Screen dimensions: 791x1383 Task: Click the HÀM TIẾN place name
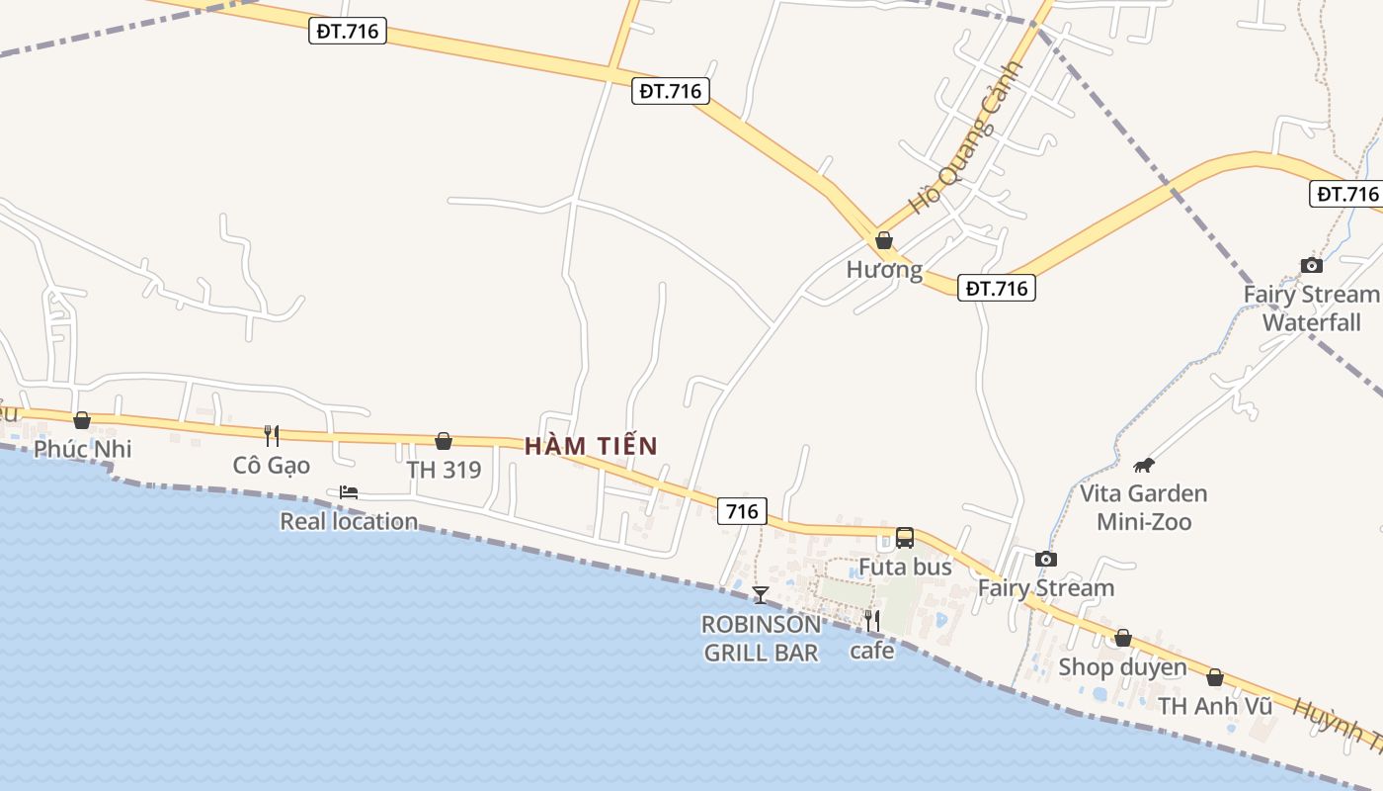click(x=591, y=446)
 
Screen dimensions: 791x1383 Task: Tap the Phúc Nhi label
click(x=82, y=449)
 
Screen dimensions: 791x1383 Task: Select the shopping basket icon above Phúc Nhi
click(x=82, y=421)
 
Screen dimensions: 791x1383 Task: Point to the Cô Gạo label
click(x=272, y=465)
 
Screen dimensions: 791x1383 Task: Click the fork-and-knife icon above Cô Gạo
click(x=272, y=435)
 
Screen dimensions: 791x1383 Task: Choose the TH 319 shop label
click(x=444, y=470)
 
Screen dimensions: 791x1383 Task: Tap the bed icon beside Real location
click(x=349, y=492)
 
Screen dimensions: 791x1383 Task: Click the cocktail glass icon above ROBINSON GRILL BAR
click(x=760, y=594)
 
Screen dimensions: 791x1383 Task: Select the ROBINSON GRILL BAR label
click(x=761, y=638)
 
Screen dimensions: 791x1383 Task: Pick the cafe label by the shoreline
click(x=871, y=651)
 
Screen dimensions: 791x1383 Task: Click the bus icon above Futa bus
click(x=905, y=538)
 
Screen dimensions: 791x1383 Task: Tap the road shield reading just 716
click(x=742, y=510)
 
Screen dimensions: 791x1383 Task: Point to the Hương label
click(x=884, y=269)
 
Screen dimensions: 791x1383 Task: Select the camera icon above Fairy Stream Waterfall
click(x=1311, y=265)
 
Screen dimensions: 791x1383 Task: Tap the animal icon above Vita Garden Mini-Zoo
click(x=1144, y=465)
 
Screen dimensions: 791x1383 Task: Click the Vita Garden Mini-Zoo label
click(x=1144, y=507)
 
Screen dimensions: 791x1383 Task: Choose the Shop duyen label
click(x=1122, y=667)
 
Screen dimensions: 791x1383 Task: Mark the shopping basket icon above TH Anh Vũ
click(x=1215, y=677)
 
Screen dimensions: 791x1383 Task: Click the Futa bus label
click(x=905, y=567)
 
